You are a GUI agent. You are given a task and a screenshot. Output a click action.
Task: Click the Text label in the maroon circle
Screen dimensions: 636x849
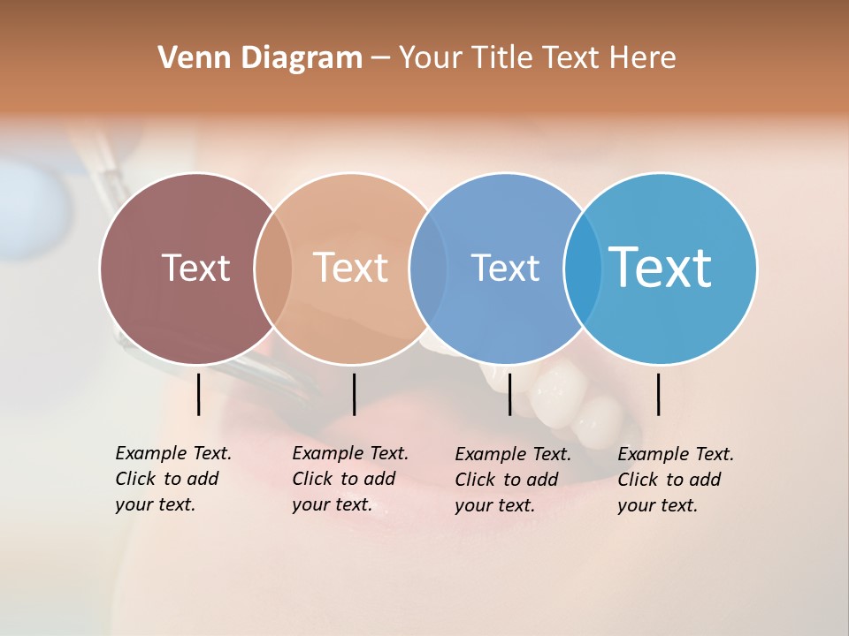[195, 268]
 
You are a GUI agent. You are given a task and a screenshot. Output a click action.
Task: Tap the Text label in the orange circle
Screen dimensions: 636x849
[351, 268]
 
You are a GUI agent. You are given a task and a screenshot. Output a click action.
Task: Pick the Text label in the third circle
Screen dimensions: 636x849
[505, 268]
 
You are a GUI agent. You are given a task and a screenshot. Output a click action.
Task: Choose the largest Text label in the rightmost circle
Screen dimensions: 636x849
[661, 268]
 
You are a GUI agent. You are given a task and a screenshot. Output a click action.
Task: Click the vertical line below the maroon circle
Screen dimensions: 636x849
[199, 394]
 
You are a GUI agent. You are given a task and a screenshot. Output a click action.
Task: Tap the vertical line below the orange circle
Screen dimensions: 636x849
[354, 394]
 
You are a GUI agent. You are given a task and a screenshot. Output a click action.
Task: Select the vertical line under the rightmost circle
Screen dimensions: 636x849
[658, 394]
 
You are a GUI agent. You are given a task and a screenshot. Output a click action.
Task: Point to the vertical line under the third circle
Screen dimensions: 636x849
[510, 394]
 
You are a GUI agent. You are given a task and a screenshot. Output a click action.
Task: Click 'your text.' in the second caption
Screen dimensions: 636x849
[332, 505]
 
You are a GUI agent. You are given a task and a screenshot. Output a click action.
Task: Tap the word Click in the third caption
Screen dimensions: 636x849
[475, 480]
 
